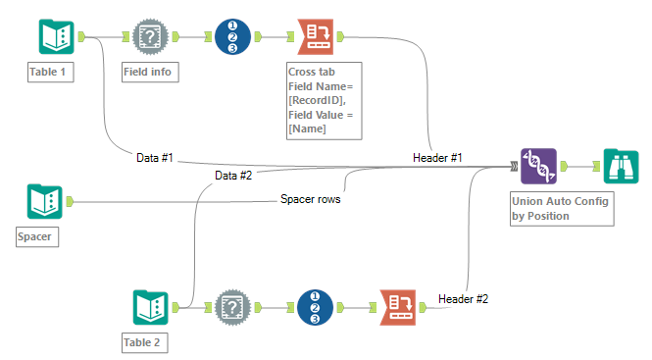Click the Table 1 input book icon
pyautogui.click(x=56, y=36)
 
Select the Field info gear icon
pyautogui.click(x=150, y=36)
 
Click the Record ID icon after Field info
pyautogui.click(x=231, y=36)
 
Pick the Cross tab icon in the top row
pyautogui.click(x=314, y=36)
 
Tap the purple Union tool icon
pyautogui.click(x=538, y=167)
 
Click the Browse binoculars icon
pyautogui.click(x=621, y=167)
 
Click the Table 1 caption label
pyautogui.click(x=51, y=72)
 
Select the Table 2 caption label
pyautogui.click(x=145, y=342)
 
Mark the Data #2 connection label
pyautogui.click(x=233, y=176)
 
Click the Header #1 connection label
pyautogui.click(x=436, y=157)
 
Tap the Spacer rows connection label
pyautogui.click(x=311, y=200)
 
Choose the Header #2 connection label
pyautogui.click(x=463, y=298)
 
